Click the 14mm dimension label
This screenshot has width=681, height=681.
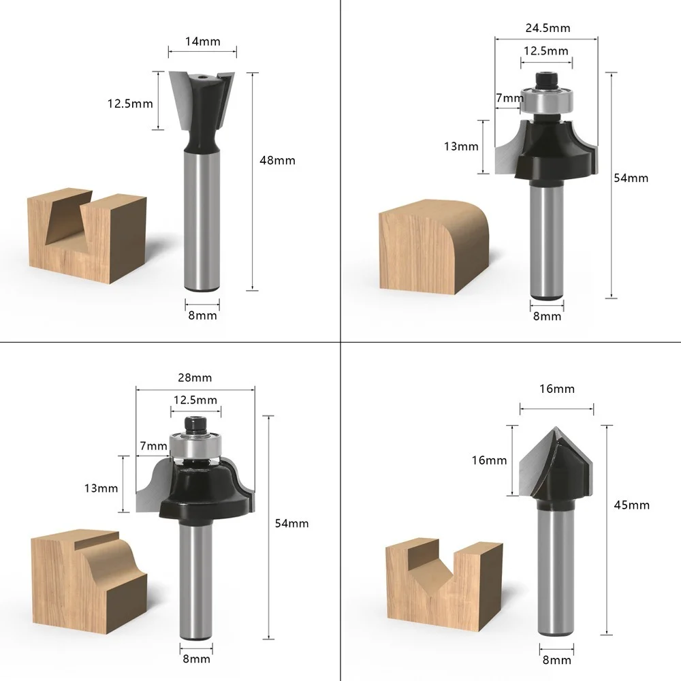click(202, 42)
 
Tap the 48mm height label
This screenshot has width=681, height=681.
click(278, 161)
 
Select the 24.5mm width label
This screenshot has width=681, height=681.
click(548, 28)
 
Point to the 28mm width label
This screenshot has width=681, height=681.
click(195, 378)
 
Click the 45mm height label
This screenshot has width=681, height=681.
click(631, 505)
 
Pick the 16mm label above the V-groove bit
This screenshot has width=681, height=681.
click(557, 389)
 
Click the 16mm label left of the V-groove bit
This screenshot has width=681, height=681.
click(490, 460)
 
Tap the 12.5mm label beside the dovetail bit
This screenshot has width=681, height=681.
click(130, 104)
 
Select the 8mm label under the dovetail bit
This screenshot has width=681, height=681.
click(202, 316)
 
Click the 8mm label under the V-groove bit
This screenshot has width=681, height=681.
click(557, 661)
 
